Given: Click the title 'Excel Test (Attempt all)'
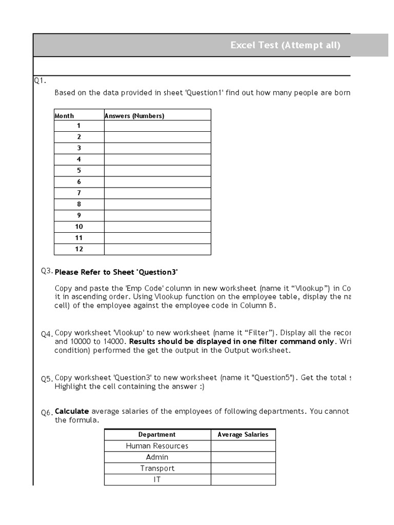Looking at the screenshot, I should point(285,45).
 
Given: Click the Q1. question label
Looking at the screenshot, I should point(40,80).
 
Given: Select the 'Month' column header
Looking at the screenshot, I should point(64,116).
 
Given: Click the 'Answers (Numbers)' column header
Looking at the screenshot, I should point(134,116).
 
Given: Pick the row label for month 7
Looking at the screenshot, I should point(79,193).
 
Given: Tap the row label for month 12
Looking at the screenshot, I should point(79,249).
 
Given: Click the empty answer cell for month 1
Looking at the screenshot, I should point(157,126).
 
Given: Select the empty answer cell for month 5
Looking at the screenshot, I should point(157,171).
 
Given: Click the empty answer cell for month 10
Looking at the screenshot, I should point(157,227).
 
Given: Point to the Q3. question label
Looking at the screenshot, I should point(47,271).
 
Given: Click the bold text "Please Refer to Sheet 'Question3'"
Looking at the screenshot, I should point(116,272).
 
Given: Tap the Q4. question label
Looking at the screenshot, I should point(47,334).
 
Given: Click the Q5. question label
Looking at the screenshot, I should point(47,379).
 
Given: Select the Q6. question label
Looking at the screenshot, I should point(47,413).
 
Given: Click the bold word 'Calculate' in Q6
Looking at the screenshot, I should point(72,411).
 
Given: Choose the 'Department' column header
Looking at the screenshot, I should point(157,435).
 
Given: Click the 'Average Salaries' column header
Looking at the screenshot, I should point(243,435).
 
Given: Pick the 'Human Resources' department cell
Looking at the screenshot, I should point(157,446).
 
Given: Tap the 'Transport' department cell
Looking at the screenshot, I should point(157,469).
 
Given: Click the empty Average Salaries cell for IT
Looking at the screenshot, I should point(243,480).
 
